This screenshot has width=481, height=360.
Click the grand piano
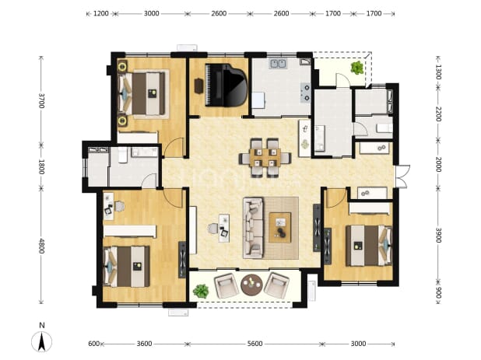226,85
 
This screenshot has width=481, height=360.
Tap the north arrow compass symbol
42,341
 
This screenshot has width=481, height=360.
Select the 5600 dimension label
255,344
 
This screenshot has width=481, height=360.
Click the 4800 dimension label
42,246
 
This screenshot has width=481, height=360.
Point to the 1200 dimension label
101,13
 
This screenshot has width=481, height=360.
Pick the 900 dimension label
438,292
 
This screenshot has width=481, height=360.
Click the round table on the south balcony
251,285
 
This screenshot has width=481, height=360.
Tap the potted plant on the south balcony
201,291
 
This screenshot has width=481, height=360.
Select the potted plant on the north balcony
357,68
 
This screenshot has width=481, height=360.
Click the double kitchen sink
278,64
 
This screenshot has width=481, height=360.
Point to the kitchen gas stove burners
306,93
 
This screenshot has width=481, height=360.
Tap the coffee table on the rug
279,228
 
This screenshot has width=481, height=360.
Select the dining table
265,158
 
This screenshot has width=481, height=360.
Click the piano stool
198,86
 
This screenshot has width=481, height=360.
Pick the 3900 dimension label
438,235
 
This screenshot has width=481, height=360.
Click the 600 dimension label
93,344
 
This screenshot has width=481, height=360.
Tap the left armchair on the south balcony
226,285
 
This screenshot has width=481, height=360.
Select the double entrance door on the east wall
402,177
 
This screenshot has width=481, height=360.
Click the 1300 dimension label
438,72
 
